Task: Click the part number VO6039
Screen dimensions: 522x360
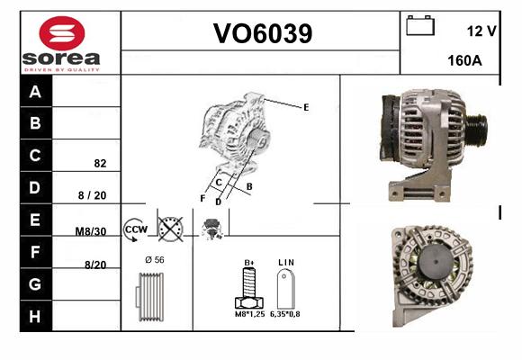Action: [263, 33]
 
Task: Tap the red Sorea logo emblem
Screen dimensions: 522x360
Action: [62, 33]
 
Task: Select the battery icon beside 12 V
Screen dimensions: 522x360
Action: [420, 25]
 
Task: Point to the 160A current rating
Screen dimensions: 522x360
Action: [464, 60]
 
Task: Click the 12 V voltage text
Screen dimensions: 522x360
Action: [481, 31]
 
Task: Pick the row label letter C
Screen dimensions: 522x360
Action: [35, 155]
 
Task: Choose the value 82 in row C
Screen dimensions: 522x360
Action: [100, 163]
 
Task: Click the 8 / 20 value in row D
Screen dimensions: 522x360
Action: [92, 195]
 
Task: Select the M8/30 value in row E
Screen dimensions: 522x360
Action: [91, 231]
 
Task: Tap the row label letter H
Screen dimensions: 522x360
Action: [34, 317]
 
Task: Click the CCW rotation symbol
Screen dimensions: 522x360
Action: [135, 229]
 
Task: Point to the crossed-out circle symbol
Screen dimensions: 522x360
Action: [170, 229]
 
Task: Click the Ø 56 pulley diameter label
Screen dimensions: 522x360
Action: [155, 260]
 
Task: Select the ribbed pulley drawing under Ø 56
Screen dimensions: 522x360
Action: [150, 297]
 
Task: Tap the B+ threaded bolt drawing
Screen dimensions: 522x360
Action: [249, 288]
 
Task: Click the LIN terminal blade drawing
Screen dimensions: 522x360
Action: [285, 289]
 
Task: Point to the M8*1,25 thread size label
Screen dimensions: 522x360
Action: [249, 314]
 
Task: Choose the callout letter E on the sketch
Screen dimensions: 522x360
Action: [306, 107]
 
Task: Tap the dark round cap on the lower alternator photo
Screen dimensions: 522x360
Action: [436, 262]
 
